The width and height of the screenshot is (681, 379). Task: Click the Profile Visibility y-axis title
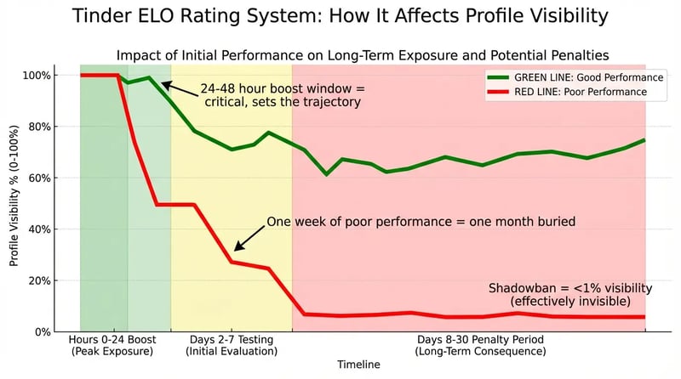point(14,204)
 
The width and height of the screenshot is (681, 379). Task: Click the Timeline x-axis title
point(357,364)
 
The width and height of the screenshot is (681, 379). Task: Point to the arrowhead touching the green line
point(164,84)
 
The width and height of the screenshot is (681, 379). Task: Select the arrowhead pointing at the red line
point(238,247)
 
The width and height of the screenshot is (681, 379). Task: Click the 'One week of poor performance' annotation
point(421,221)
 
